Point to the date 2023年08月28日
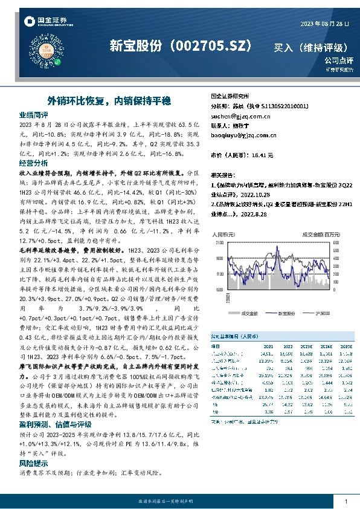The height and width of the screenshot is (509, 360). click(x=325, y=24)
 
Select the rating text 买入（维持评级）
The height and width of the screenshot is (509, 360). click(x=310, y=47)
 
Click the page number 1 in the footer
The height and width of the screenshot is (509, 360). click(x=345, y=502)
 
